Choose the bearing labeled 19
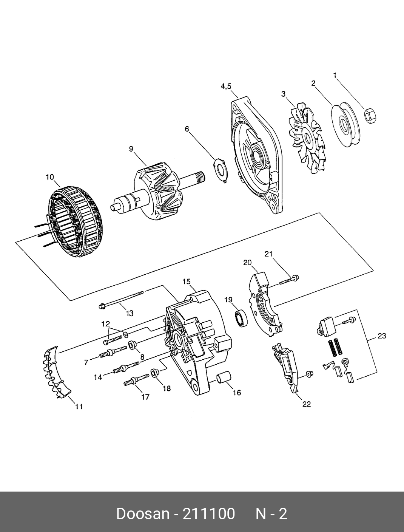tap(240, 317)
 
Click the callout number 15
tap(187, 281)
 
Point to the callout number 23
tap(382, 336)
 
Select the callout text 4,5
tap(226, 87)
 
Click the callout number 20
tap(248, 262)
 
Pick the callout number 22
tap(307, 404)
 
